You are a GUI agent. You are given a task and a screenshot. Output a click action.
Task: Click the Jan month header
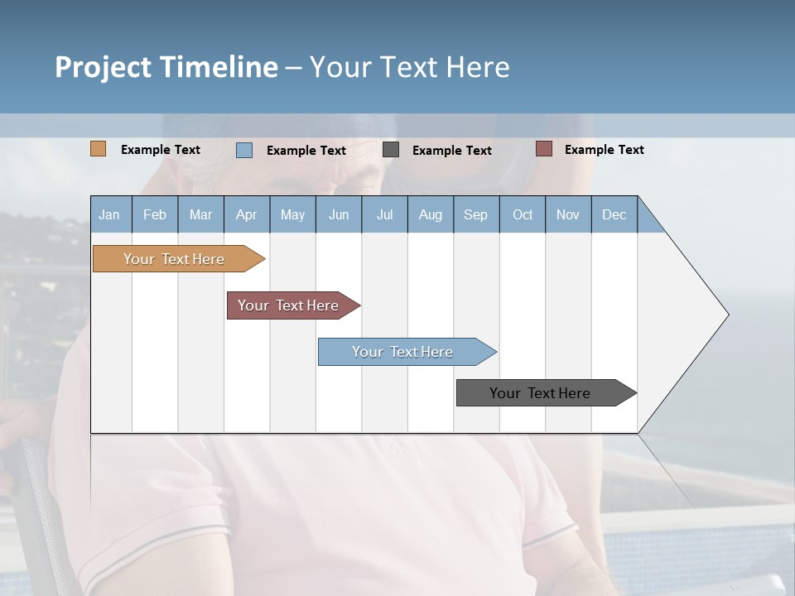pyautogui.click(x=110, y=214)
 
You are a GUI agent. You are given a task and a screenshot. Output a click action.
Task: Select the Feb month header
pyautogui.click(x=155, y=214)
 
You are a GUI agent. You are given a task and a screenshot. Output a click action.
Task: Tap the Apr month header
pyautogui.click(x=247, y=214)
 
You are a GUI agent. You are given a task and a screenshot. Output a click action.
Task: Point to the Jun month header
pyautogui.click(x=339, y=214)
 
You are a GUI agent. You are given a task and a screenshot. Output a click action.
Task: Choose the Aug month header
pyautogui.click(x=431, y=214)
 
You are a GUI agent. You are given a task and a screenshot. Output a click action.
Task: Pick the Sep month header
pyautogui.click(x=476, y=214)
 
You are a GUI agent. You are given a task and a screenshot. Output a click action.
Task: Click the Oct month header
pyautogui.click(x=523, y=214)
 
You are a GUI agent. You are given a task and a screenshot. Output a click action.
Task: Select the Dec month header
pyautogui.click(x=614, y=214)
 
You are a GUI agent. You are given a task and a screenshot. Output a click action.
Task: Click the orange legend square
pyautogui.click(x=99, y=149)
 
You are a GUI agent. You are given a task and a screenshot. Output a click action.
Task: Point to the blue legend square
pyautogui.click(x=244, y=150)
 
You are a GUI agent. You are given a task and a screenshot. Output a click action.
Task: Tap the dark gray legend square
pyautogui.click(x=391, y=150)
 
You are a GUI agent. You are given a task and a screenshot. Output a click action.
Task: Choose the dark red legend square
pyautogui.click(x=543, y=149)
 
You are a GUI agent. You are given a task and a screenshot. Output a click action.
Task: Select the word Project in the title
pyautogui.click(x=103, y=67)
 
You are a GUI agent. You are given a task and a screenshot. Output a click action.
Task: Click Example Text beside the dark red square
pyautogui.click(x=604, y=150)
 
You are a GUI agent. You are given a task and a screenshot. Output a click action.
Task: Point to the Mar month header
pyautogui.click(x=200, y=214)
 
